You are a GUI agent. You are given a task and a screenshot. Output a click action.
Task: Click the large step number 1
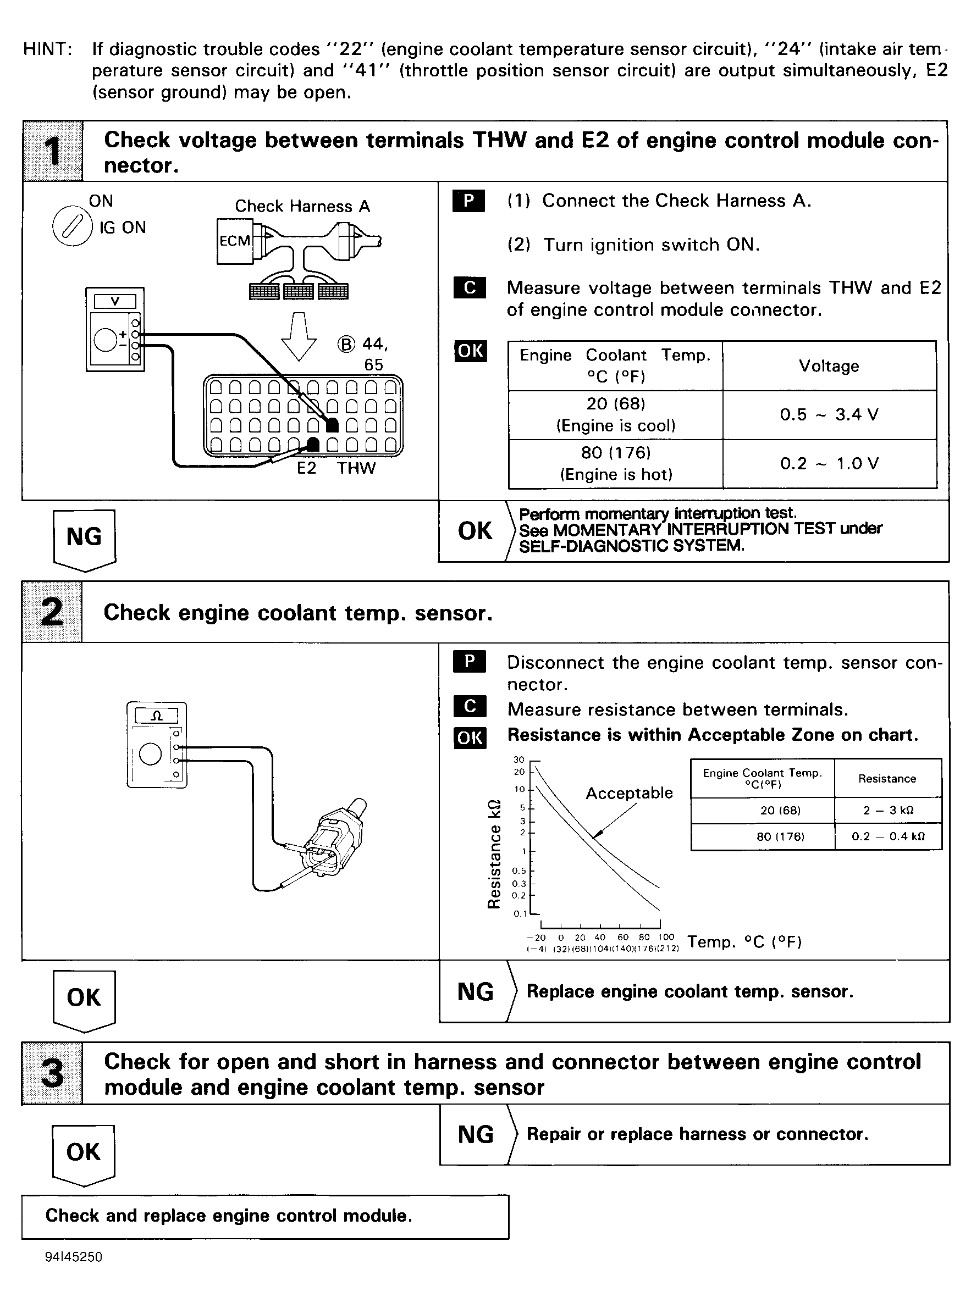click(x=53, y=151)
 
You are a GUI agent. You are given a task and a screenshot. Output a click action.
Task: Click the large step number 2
click(x=52, y=612)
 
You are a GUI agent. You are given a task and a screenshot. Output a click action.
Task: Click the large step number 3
click(x=52, y=1073)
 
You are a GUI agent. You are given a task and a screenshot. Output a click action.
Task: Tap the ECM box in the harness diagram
click(x=235, y=241)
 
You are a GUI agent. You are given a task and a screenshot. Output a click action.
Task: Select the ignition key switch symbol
click(x=71, y=227)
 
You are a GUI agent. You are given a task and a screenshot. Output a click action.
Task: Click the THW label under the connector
click(x=356, y=468)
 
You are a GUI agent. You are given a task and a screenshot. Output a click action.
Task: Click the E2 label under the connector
click(x=306, y=468)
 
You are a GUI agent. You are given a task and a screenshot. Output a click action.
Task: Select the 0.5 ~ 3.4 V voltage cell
click(x=829, y=415)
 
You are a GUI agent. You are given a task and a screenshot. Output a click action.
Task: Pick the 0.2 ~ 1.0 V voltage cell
click(x=829, y=463)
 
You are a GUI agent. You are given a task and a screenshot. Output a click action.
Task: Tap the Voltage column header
click(x=829, y=366)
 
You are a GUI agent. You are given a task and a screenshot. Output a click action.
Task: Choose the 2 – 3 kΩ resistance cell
click(x=887, y=810)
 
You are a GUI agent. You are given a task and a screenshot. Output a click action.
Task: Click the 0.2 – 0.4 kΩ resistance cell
click(x=887, y=836)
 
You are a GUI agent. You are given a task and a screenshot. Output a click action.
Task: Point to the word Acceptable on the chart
click(x=629, y=792)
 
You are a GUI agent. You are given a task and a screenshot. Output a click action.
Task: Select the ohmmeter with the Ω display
click(x=157, y=744)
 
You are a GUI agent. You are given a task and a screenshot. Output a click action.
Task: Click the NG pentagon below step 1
click(x=84, y=537)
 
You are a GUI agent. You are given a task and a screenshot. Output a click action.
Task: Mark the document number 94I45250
click(x=74, y=1257)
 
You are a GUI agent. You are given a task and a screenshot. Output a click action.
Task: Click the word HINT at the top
click(x=47, y=49)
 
